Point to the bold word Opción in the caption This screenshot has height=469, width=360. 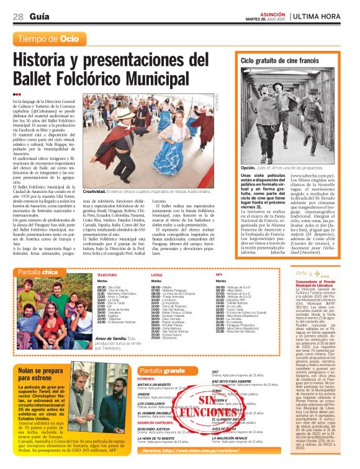coord(248,167)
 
